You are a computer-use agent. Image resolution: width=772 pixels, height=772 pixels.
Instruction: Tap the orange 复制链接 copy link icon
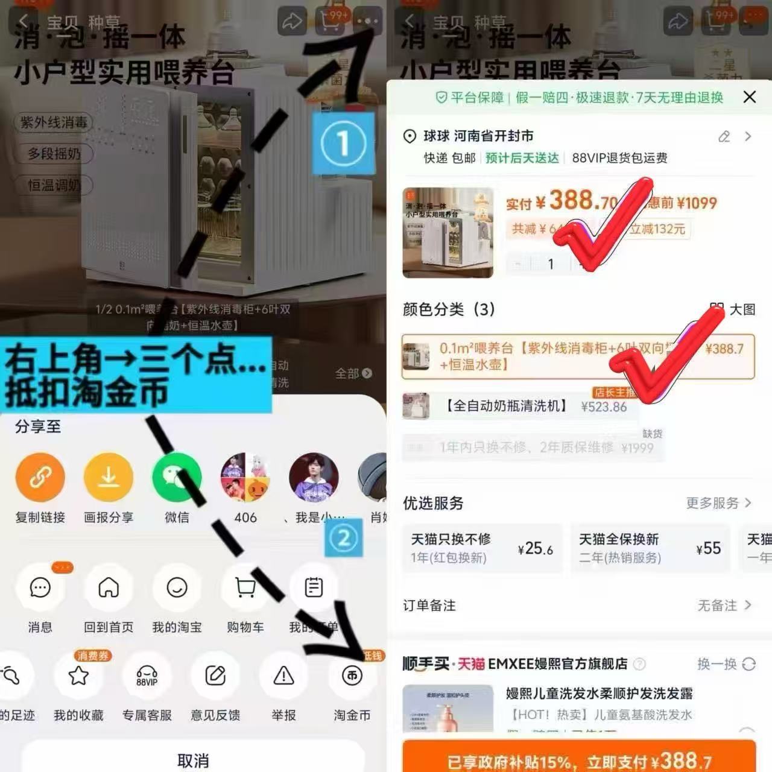pyautogui.click(x=40, y=478)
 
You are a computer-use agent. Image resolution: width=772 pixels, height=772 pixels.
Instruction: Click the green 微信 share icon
pyautogui.click(x=177, y=478)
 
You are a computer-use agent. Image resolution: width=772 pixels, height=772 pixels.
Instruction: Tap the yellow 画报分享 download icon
pyautogui.click(x=109, y=478)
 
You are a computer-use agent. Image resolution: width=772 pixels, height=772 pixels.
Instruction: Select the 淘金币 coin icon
pyautogui.click(x=352, y=675)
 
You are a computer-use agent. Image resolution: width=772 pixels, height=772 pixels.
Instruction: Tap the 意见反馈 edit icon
pyautogui.click(x=215, y=675)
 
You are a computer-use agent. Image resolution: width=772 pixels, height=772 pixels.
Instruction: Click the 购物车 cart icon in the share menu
pyautogui.click(x=245, y=587)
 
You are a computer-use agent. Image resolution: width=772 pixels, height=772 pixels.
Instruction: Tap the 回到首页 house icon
pyautogui.click(x=109, y=587)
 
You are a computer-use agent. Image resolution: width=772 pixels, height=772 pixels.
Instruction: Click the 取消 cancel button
pyautogui.click(x=193, y=760)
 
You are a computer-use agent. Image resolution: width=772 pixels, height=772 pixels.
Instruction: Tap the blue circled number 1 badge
pyautogui.click(x=343, y=144)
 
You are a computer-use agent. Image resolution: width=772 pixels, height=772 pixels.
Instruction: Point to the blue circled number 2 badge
pyautogui.click(x=343, y=537)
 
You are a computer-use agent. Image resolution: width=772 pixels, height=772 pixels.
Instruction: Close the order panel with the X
pyautogui.click(x=750, y=97)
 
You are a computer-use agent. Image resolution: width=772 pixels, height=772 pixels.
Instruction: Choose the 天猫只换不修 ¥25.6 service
pyautogui.click(x=481, y=548)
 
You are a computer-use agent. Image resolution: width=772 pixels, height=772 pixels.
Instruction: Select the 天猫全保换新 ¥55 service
pyautogui.click(x=650, y=548)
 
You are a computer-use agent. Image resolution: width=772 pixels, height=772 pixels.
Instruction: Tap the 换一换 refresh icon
pyautogui.click(x=748, y=664)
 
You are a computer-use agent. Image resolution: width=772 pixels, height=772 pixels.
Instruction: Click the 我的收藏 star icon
pyautogui.click(x=78, y=675)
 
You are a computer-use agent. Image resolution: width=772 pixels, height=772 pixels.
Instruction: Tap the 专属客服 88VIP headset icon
pyautogui.click(x=147, y=675)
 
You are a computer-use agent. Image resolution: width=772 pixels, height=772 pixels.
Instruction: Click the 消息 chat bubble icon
pyautogui.click(x=40, y=587)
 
